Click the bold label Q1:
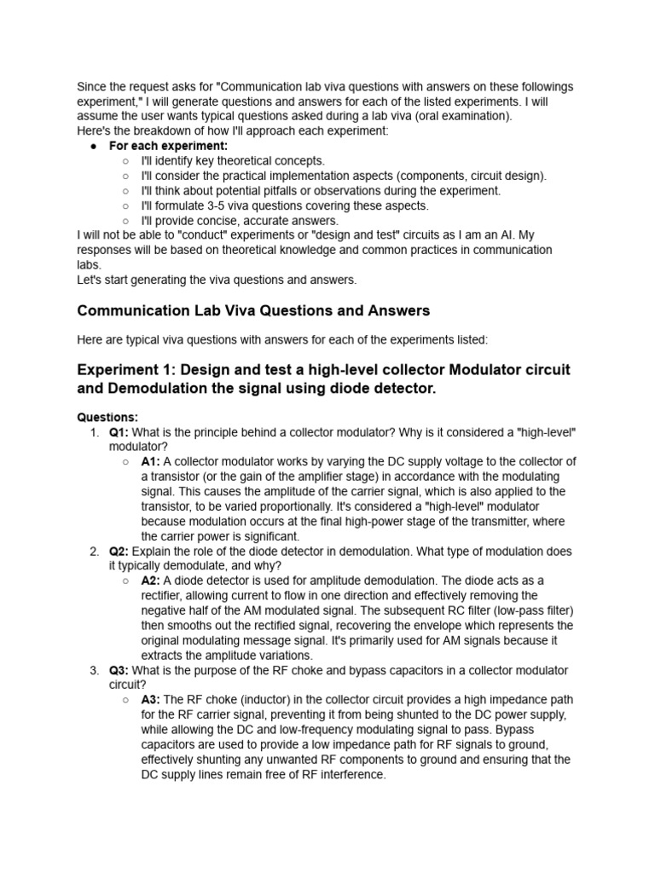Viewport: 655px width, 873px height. pyautogui.click(x=119, y=432)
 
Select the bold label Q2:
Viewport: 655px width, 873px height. pyautogui.click(x=119, y=552)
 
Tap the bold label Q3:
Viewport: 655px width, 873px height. pyautogui.click(x=119, y=670)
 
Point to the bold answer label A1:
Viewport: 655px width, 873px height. pyautogui.click(x=151, y=462)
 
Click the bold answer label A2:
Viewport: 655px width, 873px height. pyautogui.click(x=151, y=581)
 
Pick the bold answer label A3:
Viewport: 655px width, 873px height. pyautogui.click(x=151, y=700)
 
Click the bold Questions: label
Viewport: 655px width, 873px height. pyautogui.click(x=107, y=418)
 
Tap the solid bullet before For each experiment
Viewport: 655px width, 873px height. pyautogui.click(x=94, y=146)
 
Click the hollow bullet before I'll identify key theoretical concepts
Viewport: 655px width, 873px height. pyautogui.click(x=125, y=160)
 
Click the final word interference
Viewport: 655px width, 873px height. pyautogui.click(x=348, y=775)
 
